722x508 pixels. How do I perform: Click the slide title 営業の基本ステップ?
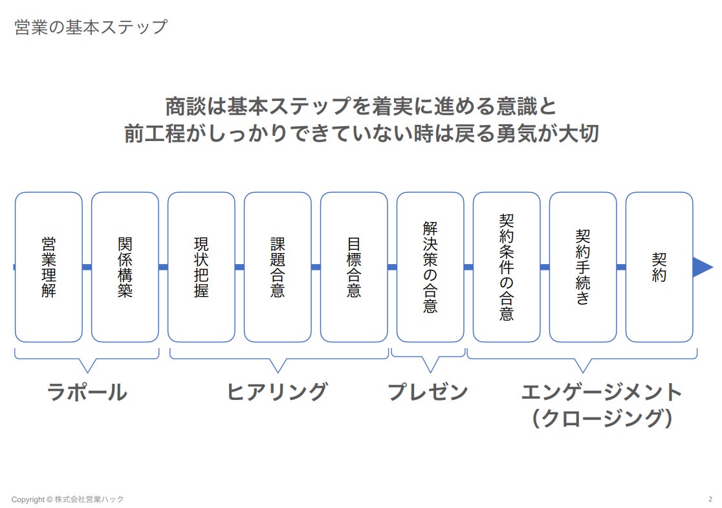pos(91,28)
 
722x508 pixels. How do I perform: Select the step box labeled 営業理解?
pos(49,267)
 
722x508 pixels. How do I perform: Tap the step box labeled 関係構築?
pos(125,267)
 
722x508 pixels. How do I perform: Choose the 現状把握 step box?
pos(201,267)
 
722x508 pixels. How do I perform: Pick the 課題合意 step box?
pos(278,267)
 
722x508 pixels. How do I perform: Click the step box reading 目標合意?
pos(354,267)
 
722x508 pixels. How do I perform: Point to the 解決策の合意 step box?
pos(430,267)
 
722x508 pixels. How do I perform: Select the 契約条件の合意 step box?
pos(507,267)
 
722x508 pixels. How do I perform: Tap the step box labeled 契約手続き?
pos(583,267)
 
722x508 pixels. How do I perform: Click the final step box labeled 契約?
pos(659,267)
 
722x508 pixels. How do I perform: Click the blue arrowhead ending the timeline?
pos(702,267)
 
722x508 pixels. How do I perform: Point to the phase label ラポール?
pos(87,392)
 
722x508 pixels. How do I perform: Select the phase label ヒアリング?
pos(277,392)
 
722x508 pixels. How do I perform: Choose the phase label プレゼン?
pos(428,392)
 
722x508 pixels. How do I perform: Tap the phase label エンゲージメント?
pos(602,392)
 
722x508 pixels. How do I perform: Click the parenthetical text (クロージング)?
pos(602,418)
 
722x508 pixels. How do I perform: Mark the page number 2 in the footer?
pos(710,499)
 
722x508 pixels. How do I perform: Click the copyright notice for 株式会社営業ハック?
pos(67,500)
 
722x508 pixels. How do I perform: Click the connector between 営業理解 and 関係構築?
pos(87,267)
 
